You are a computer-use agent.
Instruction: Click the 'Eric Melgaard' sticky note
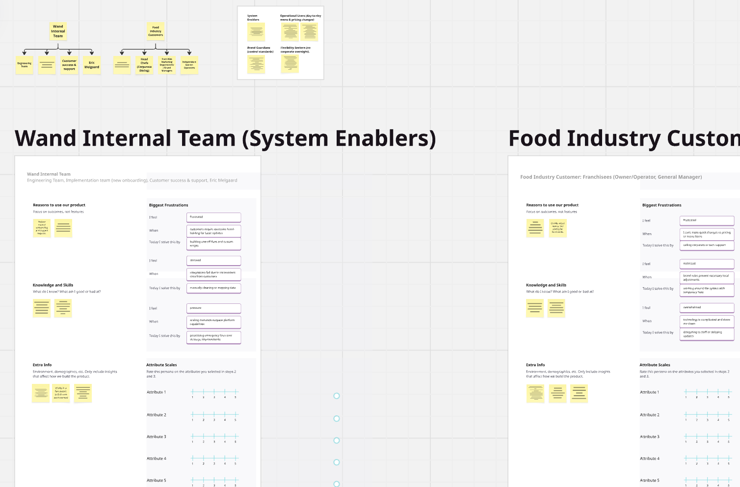pyautogui.click(x=92, y=65)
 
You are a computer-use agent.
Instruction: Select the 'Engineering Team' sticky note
pyautogui.click(x=25, y=65)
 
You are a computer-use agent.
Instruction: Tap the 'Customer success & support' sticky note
pyautogui.click(x=69, y=65)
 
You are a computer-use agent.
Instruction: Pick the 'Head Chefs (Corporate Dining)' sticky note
pyautogui.click(x=144, y=65)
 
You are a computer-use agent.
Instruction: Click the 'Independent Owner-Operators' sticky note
pyautogui.click(x=189, y=65)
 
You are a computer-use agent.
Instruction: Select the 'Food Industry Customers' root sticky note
pyautogui.click(x=156, y=31)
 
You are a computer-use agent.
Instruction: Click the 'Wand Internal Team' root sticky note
pyautogui.click(x=58, y=31)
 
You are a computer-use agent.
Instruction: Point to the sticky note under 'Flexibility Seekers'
pyautogui.click(x=291, y=63)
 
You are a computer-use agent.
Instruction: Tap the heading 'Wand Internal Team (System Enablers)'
pyautogui.click(x=225, y=138)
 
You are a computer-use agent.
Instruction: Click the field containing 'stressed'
pyautogui.click(x=213, y=260)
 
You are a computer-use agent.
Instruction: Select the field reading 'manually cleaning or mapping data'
pyautogui.click(x=213, y=288)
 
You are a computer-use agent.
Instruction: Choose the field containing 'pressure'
pyautogui.click(x=213, y=308)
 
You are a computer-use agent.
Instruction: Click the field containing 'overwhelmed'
pyautogui.click(x=707, y=307)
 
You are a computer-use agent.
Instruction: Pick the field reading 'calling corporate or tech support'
pyautogui.click(x=707, y=245)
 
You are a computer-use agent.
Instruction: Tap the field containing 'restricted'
pyautogui.click(x=707, y=264)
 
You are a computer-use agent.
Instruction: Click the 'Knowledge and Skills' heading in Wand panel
pyautogui.click(x=53, y=285)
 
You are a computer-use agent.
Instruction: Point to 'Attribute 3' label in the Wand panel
pyautogui.click(x=157, y=437)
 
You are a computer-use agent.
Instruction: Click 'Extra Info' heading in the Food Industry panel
pyautogui.click(x=535, y=365)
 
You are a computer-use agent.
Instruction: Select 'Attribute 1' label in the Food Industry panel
pyautogui.click(x=650, y=392)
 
